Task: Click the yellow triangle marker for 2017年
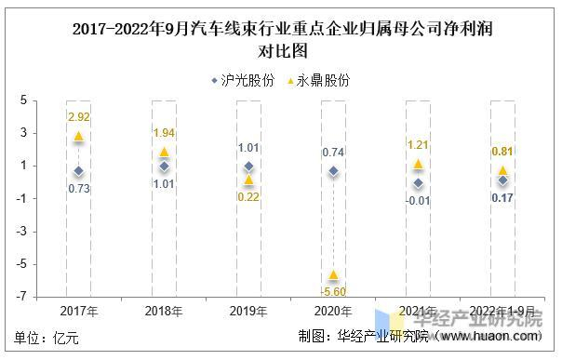tap(79, 137)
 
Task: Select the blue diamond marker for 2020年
tap(333, 171)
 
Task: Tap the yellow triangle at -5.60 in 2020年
tap(333, 274)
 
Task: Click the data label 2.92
tap(78, 116)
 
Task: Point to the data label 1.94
tap(164, 133)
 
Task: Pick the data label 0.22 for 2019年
tap(248, 196)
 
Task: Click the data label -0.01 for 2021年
tap(419, 200)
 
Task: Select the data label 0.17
tap(502, 197)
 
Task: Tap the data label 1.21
tap(418, 145)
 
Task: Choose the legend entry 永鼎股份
tap(316, 81)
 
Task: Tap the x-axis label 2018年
tap(164, 311)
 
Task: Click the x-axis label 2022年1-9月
tap(502, 311)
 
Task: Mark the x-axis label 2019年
tap(248, 311)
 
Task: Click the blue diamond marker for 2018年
tap(164, 167)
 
